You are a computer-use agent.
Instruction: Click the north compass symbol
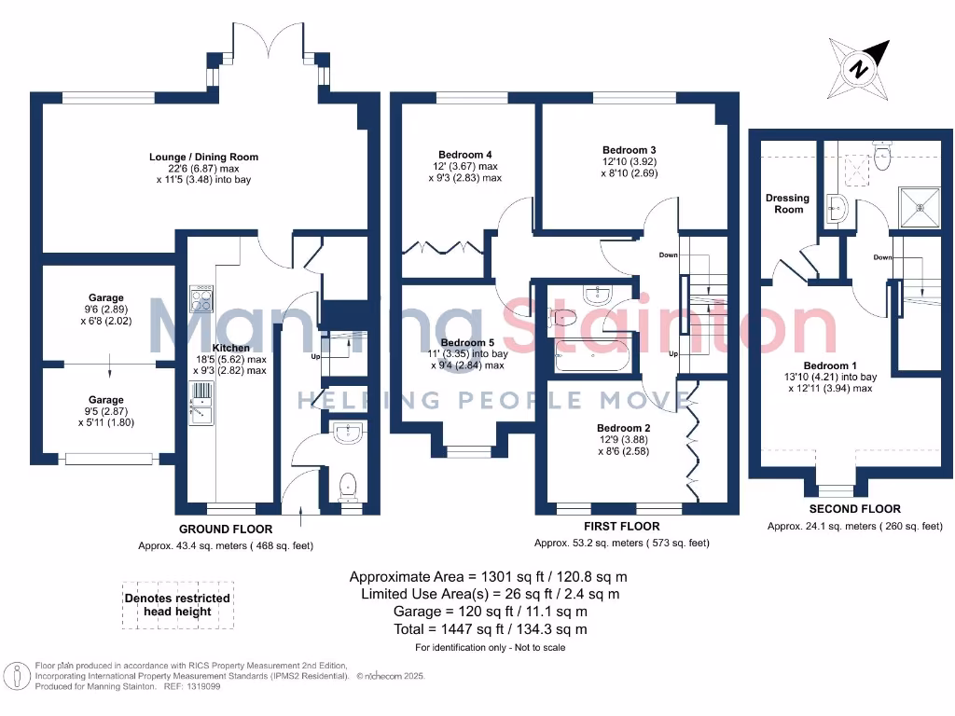pyautogui.click(x=859, y=67)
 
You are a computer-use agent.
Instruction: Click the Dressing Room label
pyautogui.click(x=788, y=203)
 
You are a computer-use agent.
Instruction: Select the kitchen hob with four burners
pyautogui.click(x=201, y=299)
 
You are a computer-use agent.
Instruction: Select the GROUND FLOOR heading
pyautogui.click(x=218, y=529)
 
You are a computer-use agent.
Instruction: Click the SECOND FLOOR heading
pyautogui.click(x=854, y=509)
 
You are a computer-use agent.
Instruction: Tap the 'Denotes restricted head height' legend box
pyautogui.click(x=177, y=605)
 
